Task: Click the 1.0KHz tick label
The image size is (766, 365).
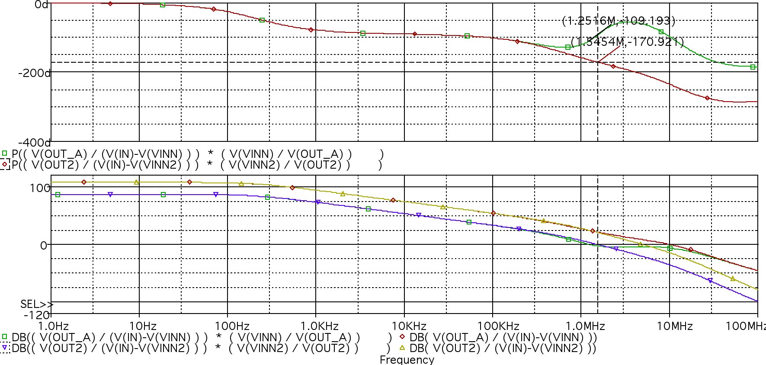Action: pyautogui.click(x=316, y=326)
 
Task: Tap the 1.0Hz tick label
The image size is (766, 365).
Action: pyautogui.click(x=51, y=326)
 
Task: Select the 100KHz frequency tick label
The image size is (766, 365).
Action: pyautogui.click(x=492, y=326)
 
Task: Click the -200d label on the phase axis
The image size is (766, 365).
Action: pyautogui.click(x=34, y=73)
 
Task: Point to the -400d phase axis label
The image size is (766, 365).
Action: pyautogui.click(x=34, y=142)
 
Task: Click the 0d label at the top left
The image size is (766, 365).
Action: pyautogui.click(x=41, y=5)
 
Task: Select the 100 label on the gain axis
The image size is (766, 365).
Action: pyautogui.click(x=41, y=188)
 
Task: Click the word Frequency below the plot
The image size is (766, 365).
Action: pyautogui.click(x=407, y=359)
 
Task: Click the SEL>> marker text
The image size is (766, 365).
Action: pyautogui.click(x=36, y=304)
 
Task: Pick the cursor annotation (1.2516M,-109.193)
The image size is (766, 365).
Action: pyautogui.click(x=619, y=20)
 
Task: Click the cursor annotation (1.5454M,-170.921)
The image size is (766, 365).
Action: pyautogui.click(x=627, y=42)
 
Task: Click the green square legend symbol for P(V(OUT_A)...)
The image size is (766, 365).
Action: pyautogui.click(x=5, y=153)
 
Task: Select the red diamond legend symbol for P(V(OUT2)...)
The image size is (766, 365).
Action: pyautogui.click(x=5, y=164)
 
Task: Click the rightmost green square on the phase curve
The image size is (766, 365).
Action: pyautogui.click(x=753, y=67)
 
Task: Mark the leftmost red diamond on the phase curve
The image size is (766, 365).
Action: pyautogui.click(x=110, y=3)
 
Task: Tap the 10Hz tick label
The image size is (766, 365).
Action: pyautogui.click(x=139, y=326)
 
